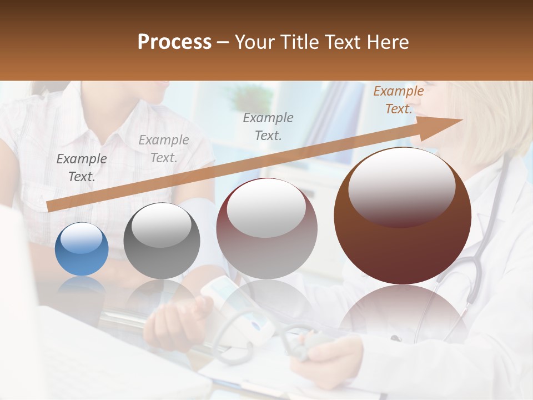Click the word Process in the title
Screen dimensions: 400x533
point(174,42)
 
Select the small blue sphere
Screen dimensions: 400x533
point(82,249)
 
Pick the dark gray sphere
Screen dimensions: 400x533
point(162,241)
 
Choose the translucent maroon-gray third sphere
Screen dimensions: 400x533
point(267,228)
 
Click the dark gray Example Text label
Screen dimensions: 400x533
point(82,168)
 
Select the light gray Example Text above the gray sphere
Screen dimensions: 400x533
point(163,149)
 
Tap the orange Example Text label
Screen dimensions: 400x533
point(398,100)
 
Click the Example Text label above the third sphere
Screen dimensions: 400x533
point(268,126)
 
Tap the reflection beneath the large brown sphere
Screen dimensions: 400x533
point(403,311)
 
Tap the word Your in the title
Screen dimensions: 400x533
point(254,42)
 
